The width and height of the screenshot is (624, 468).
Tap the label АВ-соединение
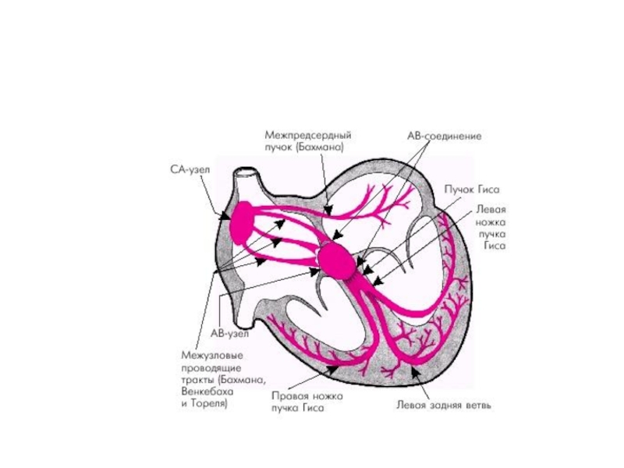[444, 135]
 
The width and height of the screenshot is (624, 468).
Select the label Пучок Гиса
[471, 189]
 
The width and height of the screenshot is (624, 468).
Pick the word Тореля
[209, 406]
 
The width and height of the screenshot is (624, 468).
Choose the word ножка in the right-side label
[491, 222]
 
